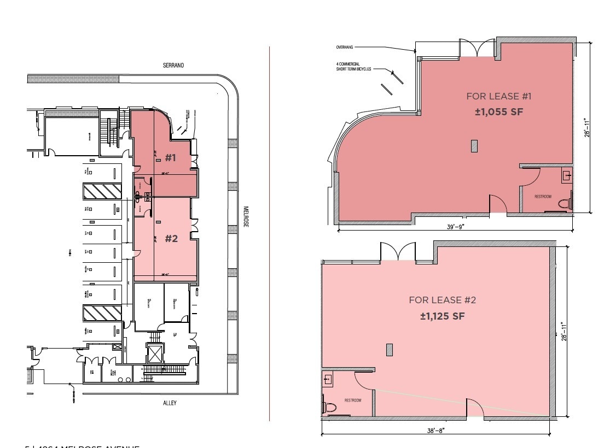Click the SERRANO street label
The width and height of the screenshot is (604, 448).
click(x=173, y=65)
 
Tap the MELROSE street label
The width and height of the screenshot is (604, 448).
click(x=246, y=216)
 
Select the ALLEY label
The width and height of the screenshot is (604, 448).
click(x=169, y=403)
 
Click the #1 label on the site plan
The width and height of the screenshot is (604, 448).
click(x=171, y=158)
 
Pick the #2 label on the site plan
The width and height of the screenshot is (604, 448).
click(x=171, y=238)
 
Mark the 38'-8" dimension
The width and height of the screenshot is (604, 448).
click(x=435, y=431)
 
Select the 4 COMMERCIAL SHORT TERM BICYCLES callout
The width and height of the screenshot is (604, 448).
click(x=353, y=67)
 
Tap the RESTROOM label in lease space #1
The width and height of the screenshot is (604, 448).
click(x=543, y=196)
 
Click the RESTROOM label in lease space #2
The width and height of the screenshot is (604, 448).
click(x=353, y=400)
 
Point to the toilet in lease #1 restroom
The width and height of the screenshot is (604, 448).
click(x=565, y=203)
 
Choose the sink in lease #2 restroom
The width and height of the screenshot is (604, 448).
click(x=328, y=379)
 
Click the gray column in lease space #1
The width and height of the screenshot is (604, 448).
click(x=474, y=146)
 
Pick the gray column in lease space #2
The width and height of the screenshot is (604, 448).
click(x=390, y=350)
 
